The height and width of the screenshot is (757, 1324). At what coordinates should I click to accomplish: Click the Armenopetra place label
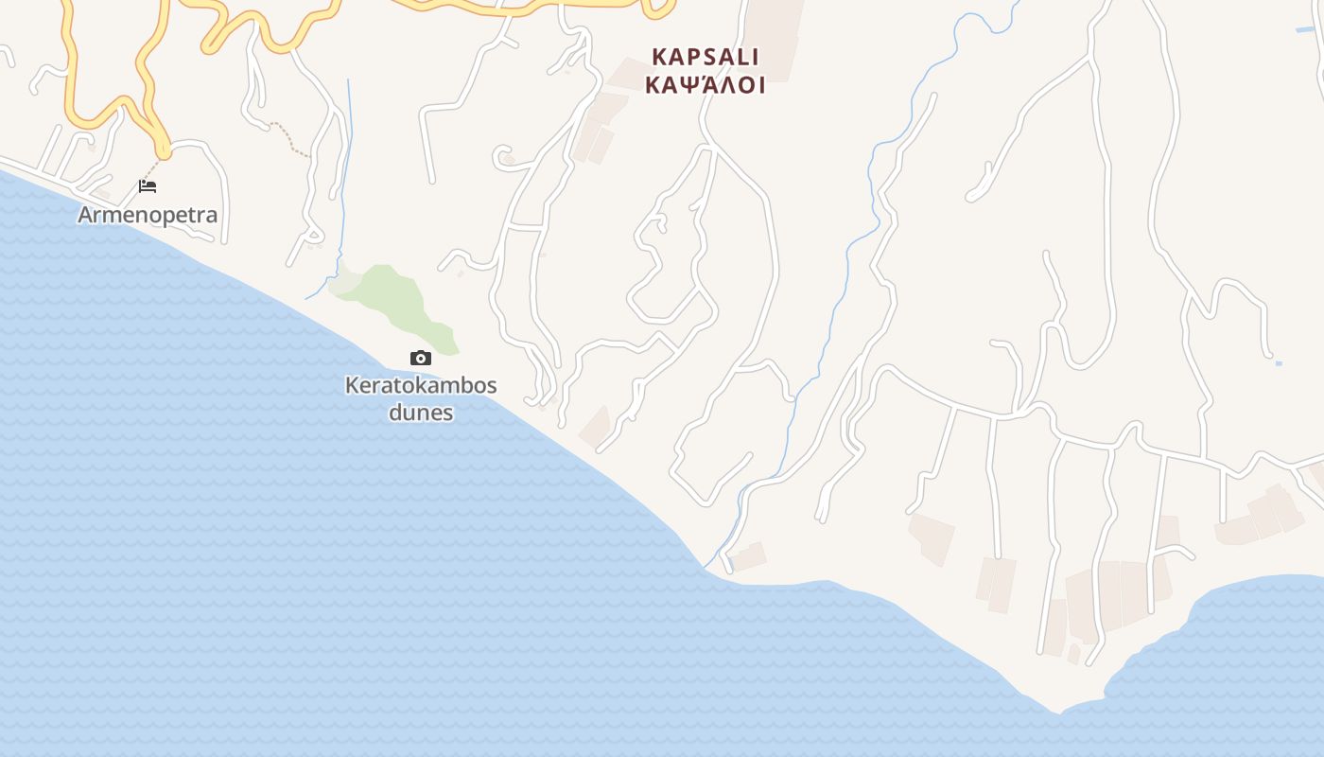pyautogui.click(x=148, y=215)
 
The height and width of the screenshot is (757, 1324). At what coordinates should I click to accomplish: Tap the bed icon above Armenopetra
pyautogui.click(x=148, y=185)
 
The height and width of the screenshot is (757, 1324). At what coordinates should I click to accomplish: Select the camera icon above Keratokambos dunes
pyautogui.click(x=421, y=358)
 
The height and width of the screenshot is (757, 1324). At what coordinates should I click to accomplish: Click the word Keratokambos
pyautogui.click(x=421, y=386)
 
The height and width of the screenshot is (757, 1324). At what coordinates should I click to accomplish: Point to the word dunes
pyautogui.click(x=421, y=413)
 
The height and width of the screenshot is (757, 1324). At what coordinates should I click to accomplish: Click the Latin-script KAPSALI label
pyautogui.click(x=705, y=57)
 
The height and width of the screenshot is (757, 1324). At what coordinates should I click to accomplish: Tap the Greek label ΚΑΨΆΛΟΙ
pyautogui.click(x=705, y=85)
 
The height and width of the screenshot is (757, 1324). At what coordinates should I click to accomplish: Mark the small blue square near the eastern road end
pyautogui.click(x=1279, y=363)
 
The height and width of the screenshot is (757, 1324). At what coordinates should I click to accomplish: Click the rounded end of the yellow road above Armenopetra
pyautogui.click(x=164, y=150)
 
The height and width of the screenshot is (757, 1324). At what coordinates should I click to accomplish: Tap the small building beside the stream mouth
pyautogui.click(x=749, y=555)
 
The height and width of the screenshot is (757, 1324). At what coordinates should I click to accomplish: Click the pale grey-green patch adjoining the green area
pyautogui.click(x=343, y=281)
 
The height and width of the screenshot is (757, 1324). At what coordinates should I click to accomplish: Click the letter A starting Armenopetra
pyautogui.click(x=86, y=215)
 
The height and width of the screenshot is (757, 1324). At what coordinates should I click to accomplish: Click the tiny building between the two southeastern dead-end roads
pyautogui.click(x=1073, y=653)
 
